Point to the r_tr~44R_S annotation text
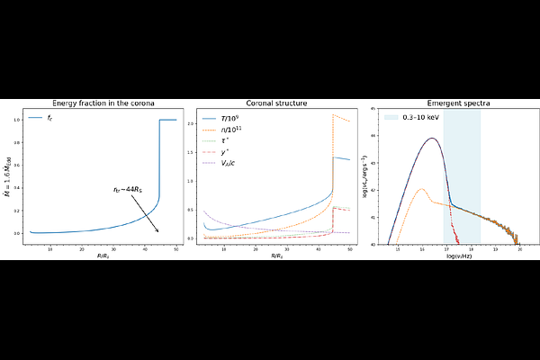tap(130, 191)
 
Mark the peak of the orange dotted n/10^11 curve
tap(333, 114)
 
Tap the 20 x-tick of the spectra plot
tap(519, 248)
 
